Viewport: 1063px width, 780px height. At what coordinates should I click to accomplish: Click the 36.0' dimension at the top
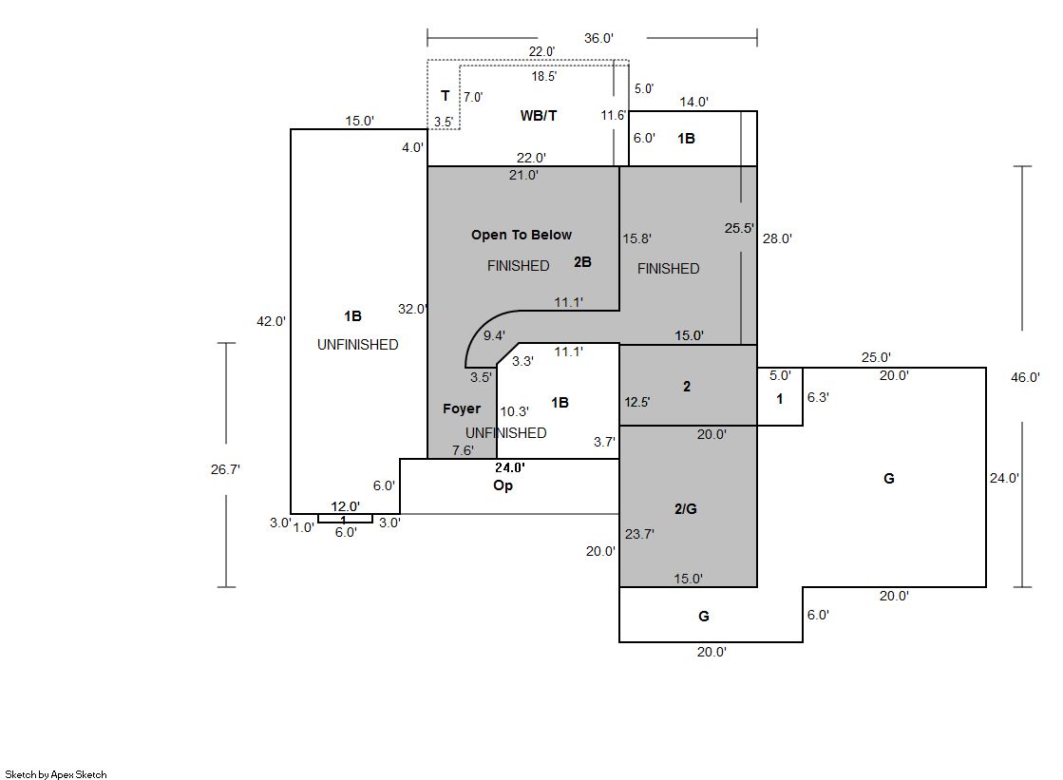tap(598, 38)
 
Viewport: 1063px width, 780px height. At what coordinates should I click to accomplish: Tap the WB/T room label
tap(539, 116)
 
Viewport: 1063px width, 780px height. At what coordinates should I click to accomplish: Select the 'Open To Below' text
tap(522, 235)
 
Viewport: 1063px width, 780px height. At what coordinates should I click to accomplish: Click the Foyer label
tap(462, 409)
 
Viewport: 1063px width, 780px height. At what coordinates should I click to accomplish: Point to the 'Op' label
tap(503, 485)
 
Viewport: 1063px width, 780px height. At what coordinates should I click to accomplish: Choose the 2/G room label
tap(686, 508)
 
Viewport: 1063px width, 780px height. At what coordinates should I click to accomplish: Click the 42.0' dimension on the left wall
tap(271, 321)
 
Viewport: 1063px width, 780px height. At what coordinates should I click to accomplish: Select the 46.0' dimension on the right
tap(1026, 377)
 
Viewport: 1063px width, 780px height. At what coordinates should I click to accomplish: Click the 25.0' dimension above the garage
tap(876, 358)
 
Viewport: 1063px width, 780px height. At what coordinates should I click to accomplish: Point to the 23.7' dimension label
tap(639, 534)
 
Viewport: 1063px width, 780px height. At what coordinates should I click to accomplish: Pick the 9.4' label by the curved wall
tap(495, 335)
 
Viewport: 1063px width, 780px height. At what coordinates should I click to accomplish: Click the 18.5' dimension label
tap(544, 76)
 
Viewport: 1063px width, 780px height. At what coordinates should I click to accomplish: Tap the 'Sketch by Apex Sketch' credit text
tap(56, 774)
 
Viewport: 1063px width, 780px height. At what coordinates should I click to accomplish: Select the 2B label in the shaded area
tap(582, 262)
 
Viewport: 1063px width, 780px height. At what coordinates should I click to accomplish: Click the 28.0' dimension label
tap(777, 238)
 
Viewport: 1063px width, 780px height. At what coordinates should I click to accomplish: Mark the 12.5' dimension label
tap(637, 402)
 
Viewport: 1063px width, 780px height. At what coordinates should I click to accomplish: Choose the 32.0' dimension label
tap(412, 309)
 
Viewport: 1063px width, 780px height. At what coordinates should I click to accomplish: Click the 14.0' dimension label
tap(693, 102)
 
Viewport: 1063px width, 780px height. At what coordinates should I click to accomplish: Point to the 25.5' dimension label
tap(738, 228)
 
